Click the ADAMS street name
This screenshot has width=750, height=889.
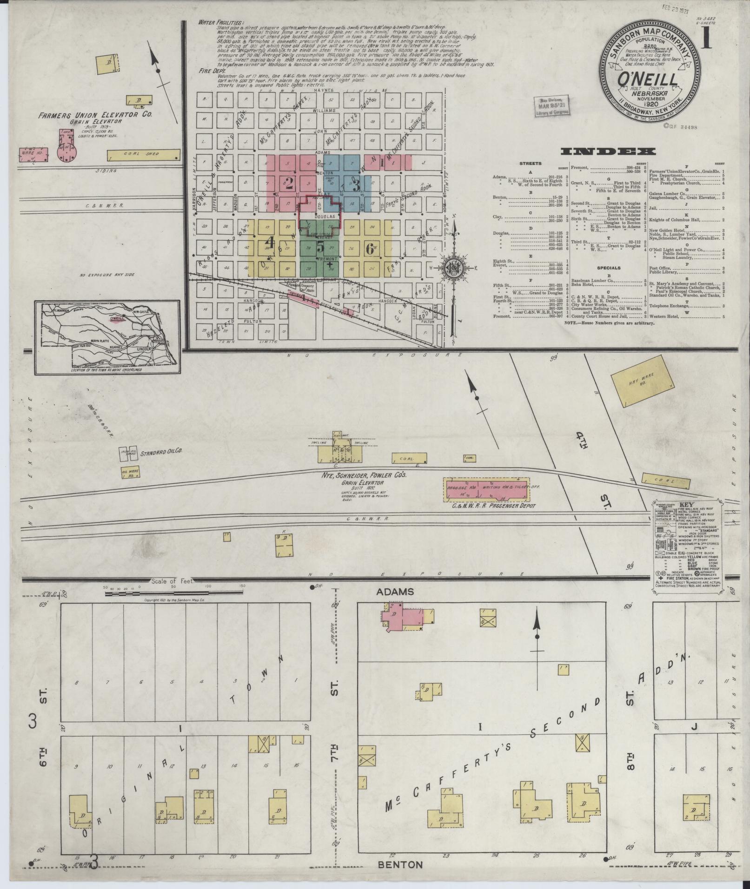click(x=389, y=592)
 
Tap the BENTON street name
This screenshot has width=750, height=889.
click(x=400, y=864)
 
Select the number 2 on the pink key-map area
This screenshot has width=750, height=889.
click(x=289, y=184)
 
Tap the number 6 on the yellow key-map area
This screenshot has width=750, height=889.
click(x=370, y=249)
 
